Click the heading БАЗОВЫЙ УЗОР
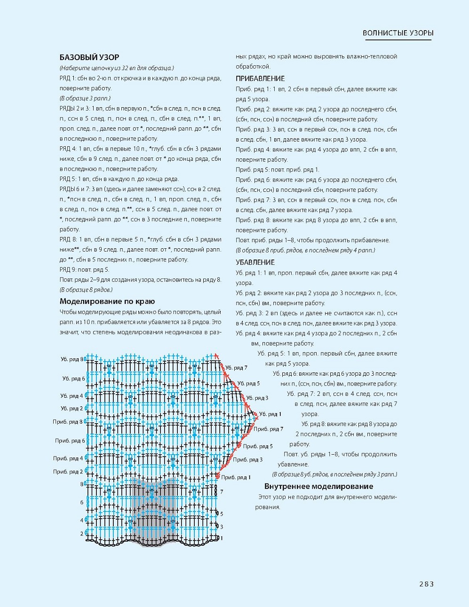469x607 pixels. pos(89,57)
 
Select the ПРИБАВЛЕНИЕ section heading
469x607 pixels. pos(260,79)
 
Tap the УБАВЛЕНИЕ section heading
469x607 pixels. pos(255,262)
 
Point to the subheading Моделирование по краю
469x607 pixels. pos(107,301)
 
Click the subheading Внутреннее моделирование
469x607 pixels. pos(318,486)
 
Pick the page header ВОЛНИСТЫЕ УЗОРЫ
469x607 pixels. pos(398,33)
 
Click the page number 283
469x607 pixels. pos(426,584)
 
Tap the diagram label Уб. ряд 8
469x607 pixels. pos(72,359)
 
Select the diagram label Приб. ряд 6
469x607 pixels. pos(70,441)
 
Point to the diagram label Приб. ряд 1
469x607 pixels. pos(236,478)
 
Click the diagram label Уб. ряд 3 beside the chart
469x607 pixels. pos(257,398)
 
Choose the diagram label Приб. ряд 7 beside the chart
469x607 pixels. pos(268,429)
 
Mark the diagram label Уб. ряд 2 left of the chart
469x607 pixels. pos(72,409)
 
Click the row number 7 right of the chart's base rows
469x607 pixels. pos(222,492)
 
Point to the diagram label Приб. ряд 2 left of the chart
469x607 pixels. pos(68,472)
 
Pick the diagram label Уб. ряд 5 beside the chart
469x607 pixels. pos(248,384)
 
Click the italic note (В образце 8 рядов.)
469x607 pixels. pos(86,290)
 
